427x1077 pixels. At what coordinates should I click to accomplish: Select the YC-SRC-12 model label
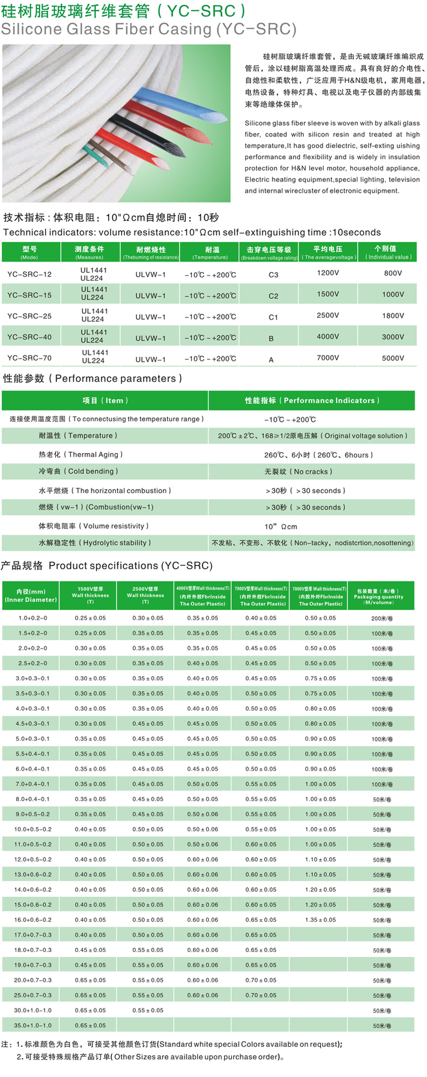click(30, 274)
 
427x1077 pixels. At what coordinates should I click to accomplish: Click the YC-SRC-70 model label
click(30, 358)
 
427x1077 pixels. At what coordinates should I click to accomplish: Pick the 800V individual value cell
click(393, 274)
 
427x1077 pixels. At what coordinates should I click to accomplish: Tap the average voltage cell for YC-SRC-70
click(328, 358)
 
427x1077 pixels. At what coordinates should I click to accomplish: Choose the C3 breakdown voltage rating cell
click(273, 275)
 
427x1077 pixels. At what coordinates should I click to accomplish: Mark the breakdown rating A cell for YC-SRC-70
click(271, 360)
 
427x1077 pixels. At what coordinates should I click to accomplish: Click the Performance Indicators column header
click(312, 401)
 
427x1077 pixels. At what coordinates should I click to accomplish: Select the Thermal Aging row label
click(81, 455)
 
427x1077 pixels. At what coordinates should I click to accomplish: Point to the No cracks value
click(298, 472)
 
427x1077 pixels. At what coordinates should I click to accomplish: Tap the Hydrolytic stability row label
click(95, 543)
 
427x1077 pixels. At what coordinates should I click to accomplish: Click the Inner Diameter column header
click(31, 596)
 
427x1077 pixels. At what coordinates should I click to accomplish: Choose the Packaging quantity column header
click(378, 596)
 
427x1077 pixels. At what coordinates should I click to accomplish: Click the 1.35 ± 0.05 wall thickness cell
click(320, 920)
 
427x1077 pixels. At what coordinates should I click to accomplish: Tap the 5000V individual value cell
click(393, 358)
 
